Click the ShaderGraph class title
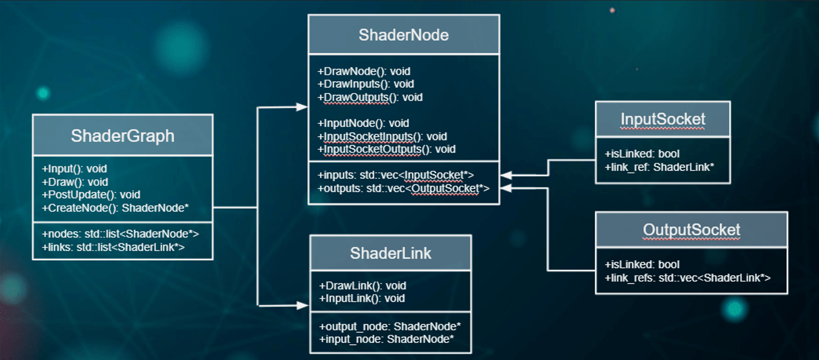[x=122, y=136]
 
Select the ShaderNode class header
[x=404, y=35]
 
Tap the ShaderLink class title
[x=390, y=253]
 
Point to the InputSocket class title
[x=662, y=119]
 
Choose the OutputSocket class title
[x=691, y=230]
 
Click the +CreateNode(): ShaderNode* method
[x=115, y=208]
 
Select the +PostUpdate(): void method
[x=91, y=195]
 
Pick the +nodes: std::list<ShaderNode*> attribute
[x=120, y=234]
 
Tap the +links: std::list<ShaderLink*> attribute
[x=113, y=247]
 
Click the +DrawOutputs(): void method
[x=370, y=97]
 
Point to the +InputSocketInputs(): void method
[x=382, y=136]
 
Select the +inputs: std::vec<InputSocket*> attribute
[x=396, y=175]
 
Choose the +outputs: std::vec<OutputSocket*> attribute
[x=403, y=188]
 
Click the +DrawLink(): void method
[x=362, y=286]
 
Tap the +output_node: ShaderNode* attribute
[x=390, y=326]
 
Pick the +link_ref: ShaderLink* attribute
[x=659, y=167]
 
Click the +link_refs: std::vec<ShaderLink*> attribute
[x=687, y=278]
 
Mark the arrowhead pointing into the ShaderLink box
[x=303, y=305]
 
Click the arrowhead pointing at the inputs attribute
[x=506, y=175]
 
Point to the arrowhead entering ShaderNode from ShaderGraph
[x=302, y=107]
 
